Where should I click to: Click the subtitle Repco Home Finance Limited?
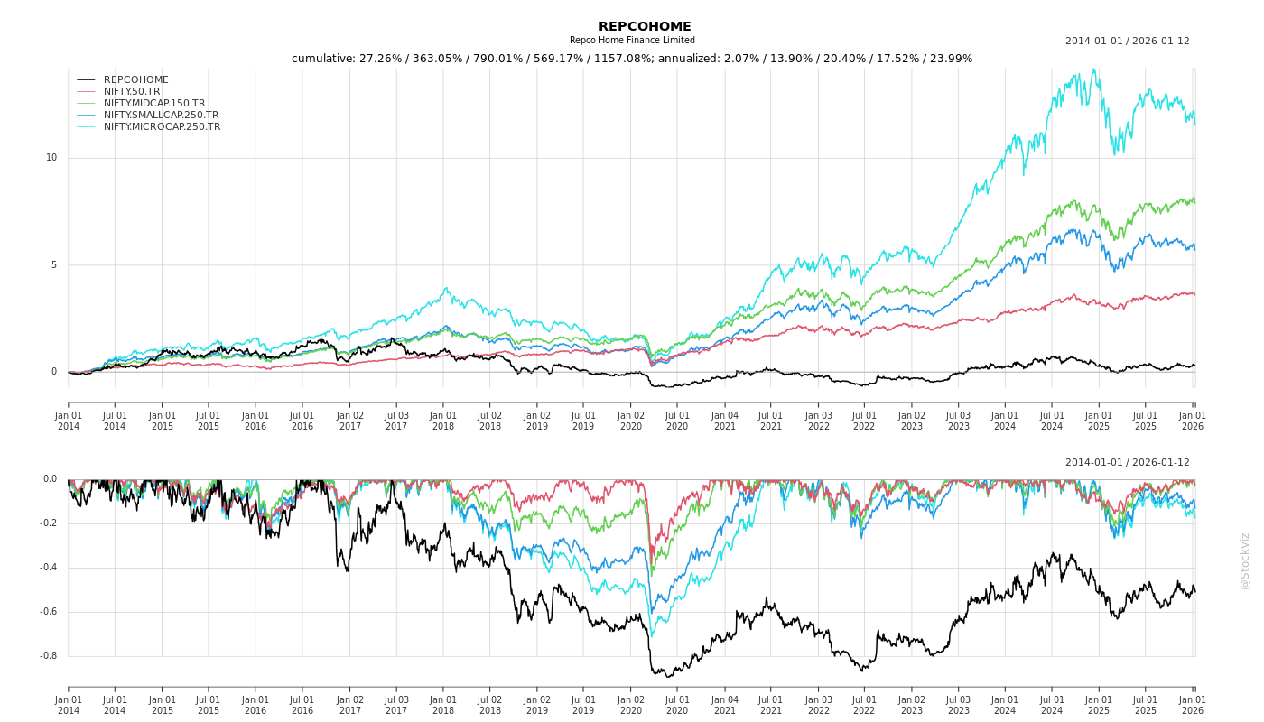pos(632,41)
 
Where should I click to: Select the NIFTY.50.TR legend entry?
pos(132,91)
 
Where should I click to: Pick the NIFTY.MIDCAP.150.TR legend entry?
pos(154,103)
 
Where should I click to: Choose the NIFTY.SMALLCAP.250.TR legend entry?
pos(161,115)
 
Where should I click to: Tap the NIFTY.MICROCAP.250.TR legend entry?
pos(162,126)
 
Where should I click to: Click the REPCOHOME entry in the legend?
pos(136,79)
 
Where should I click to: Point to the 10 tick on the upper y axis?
pos(51,158)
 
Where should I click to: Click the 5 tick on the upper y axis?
pos(53,264)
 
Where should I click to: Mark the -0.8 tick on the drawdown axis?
pos(49,656)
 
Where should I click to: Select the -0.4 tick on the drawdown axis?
pos(49,568)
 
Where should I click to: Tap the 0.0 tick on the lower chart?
pos(50,479)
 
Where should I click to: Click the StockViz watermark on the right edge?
pos(1245,560)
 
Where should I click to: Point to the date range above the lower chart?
pos(1127,462)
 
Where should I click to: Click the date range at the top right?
pos(1127,41)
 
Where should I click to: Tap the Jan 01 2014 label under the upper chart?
pos(69,421)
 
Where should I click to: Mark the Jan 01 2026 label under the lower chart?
pos(1193,705)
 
